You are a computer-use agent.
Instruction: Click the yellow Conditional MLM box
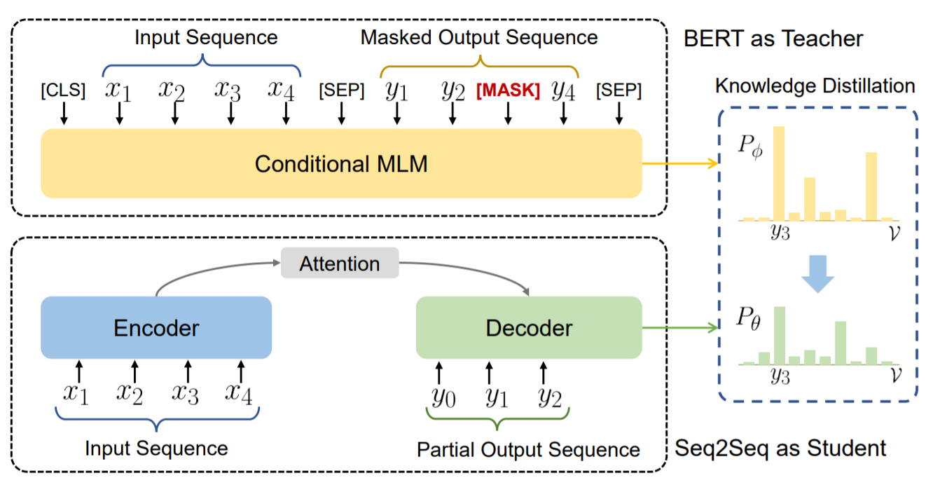click(341, 163)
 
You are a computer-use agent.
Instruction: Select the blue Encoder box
click(156, 327)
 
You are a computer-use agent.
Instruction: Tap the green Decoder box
click(529, 327)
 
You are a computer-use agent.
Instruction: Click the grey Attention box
click(340, 263)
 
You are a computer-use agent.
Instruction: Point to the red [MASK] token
click(508, 90)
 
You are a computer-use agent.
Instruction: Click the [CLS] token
click(63, 90)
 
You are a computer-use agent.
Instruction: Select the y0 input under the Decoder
click(443, 397)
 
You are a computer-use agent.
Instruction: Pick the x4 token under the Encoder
click(239, 393)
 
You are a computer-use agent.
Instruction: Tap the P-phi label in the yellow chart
click(751, 146)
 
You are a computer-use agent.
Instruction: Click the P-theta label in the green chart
click(749, 318)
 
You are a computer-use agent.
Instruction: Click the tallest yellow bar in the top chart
click(779, 173)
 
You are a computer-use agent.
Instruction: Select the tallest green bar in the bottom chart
click(780, 336)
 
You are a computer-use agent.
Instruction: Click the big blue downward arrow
click(817, 274)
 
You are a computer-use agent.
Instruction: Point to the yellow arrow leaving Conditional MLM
click(680, 163)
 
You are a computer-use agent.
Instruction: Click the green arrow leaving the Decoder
click(680, 327)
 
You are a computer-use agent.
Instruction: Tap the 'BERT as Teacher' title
click(773, 39)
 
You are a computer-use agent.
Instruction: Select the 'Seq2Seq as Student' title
click(780, 448)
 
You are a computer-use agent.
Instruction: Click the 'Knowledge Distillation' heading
click(815, 86)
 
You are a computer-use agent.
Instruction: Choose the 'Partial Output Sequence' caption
click(528, 450)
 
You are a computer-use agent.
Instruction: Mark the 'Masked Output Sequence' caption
click(479, 37)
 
